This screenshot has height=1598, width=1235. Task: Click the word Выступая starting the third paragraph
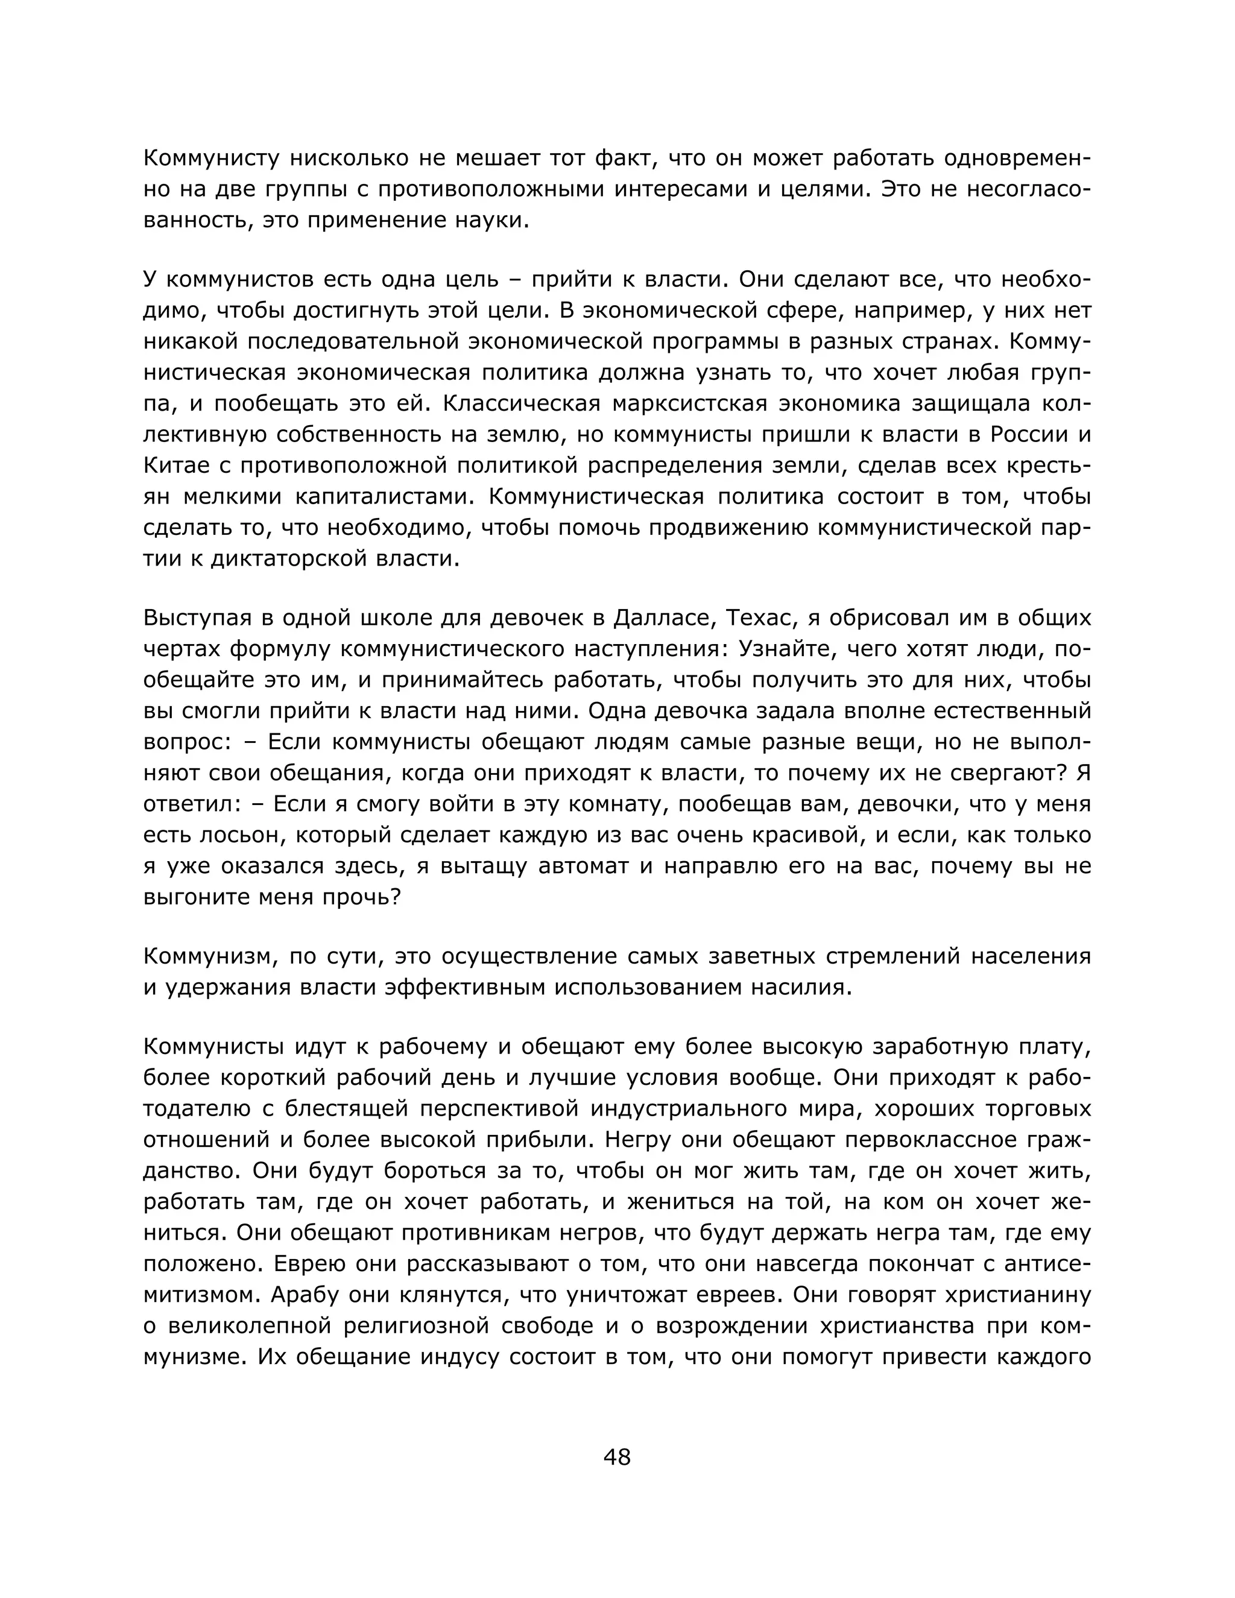(x=200, y=618)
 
